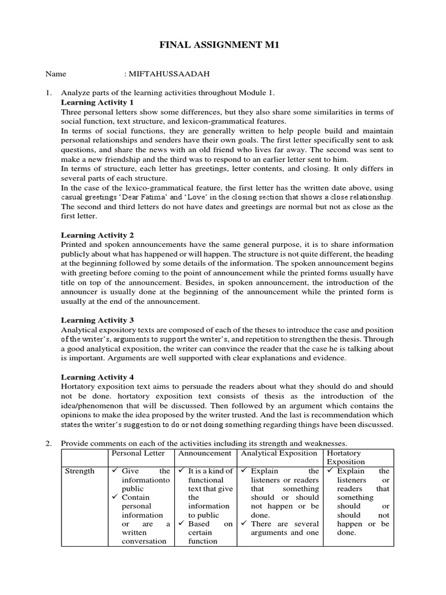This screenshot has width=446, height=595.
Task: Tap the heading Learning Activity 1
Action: tap(98, 102)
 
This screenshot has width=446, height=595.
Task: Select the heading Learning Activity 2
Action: tap(98, 235)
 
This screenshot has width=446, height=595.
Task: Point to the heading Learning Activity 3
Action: tap(98, 320)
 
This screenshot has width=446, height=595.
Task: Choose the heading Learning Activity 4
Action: tap(98, 377)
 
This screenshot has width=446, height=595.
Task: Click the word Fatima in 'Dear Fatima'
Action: tap(131, 197)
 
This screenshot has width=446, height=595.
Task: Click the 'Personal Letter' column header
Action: tap(138, 453)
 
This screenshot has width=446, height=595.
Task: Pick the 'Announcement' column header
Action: tap(205, 453)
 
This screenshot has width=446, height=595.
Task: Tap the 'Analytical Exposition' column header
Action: tap(279, 453)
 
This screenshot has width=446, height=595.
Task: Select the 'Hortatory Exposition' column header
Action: tap(346, 457)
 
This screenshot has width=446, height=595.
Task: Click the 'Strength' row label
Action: tap(80, 471)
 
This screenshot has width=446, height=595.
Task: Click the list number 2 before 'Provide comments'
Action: tap(49, 443)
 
